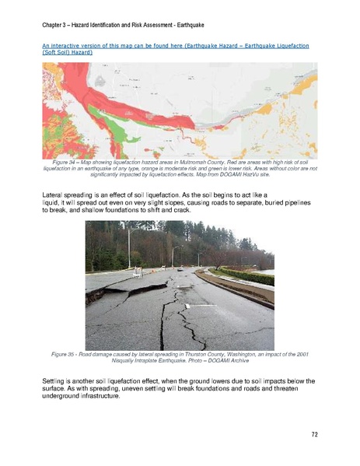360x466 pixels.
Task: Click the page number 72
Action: tap(314, 434)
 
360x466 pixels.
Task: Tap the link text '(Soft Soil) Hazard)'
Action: tap(67, 54)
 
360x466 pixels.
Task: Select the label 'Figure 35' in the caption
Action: tap(65, 354)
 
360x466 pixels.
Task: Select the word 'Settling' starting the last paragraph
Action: tap(54, 380)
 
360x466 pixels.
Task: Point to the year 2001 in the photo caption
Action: tap(302, 354)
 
